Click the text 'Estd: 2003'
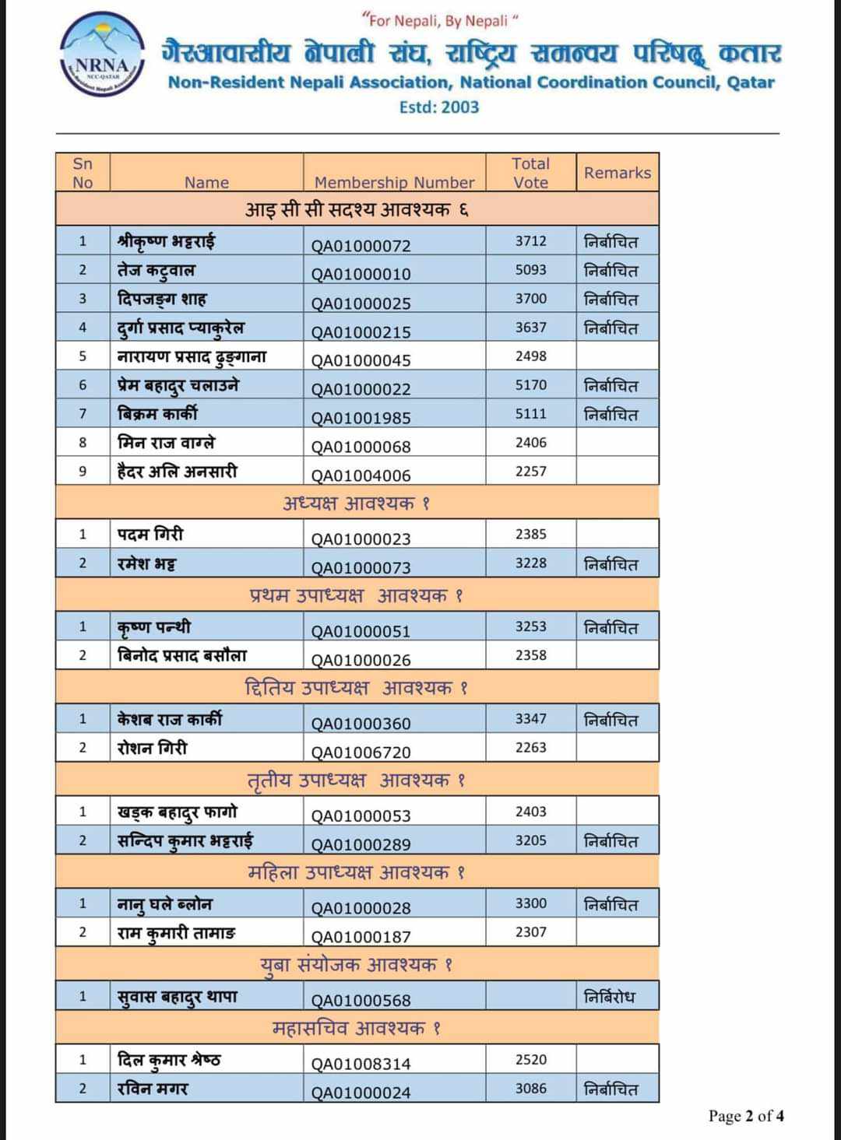(x=438, y=107)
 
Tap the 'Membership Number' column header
(x=394, y=182)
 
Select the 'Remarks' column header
(x=618, y=173)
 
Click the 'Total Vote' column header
(x=530, y=173)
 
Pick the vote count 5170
(x=531, y=385)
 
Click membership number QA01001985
(x=361, y=418)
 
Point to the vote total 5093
(x=531, y=270)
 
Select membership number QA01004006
(x=361, y=475)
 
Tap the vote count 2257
(x=531, y=472)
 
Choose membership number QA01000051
(x=361, y=631)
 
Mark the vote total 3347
(x=531, y=719)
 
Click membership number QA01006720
(x=361, y=752)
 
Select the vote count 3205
(x=531, y=840)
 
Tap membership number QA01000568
(x=361, y=1000)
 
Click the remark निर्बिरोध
(x=610, y=997)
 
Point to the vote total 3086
(x=531, y=1089)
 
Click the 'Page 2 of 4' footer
(x=746, y=1116)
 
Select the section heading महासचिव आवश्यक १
(x=357, y=1028)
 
